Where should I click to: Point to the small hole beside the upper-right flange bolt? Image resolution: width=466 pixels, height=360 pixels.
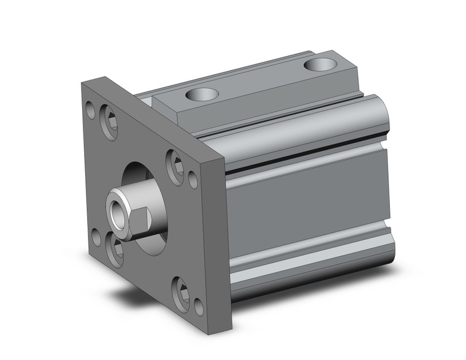pyautogui.click(x=193, y=180)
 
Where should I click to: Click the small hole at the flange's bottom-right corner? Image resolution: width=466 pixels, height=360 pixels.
pyautogui.click(x=199, y=307)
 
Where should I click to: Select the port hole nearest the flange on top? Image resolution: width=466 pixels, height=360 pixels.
pyautogui.click(x=202, y=94)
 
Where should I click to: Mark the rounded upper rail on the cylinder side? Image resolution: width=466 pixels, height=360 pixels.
pyautogui.click(x=307, y=126)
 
